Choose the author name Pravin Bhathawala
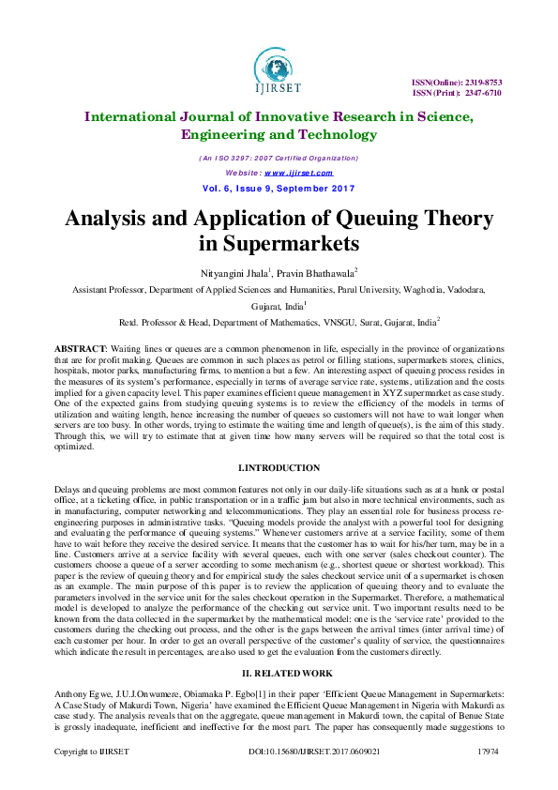(314, 273)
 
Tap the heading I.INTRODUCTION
(279, 467)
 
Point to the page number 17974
(488, 779)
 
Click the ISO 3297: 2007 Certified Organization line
(279, 159)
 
